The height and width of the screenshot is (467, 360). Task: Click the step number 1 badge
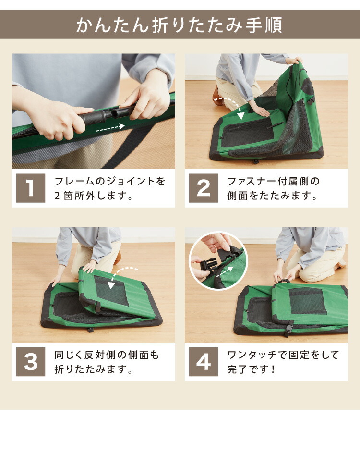pos(31,188)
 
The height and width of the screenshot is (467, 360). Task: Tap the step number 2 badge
pos(204,188)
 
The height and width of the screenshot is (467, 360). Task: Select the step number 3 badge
pos(31,362)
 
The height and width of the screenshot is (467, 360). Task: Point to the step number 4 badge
pos(204,362)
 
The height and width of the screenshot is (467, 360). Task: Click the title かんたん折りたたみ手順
pos(179,25)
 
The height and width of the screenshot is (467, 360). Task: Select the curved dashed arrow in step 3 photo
pos(121,275)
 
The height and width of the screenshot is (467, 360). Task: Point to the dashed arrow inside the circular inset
pos(225,272)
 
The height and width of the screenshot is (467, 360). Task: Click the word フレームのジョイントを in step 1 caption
pos(110,181)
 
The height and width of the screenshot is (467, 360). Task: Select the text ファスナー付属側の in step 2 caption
pos(274,181)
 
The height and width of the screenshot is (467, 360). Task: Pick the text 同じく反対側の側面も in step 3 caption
pos(107,355)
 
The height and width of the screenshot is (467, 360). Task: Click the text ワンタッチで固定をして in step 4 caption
pos(283,355)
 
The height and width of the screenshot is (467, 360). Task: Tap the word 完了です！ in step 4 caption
pos(252,369)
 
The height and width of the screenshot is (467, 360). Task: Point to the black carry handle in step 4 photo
pos(284,281)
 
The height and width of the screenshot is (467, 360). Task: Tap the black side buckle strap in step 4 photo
pos(289,328)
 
